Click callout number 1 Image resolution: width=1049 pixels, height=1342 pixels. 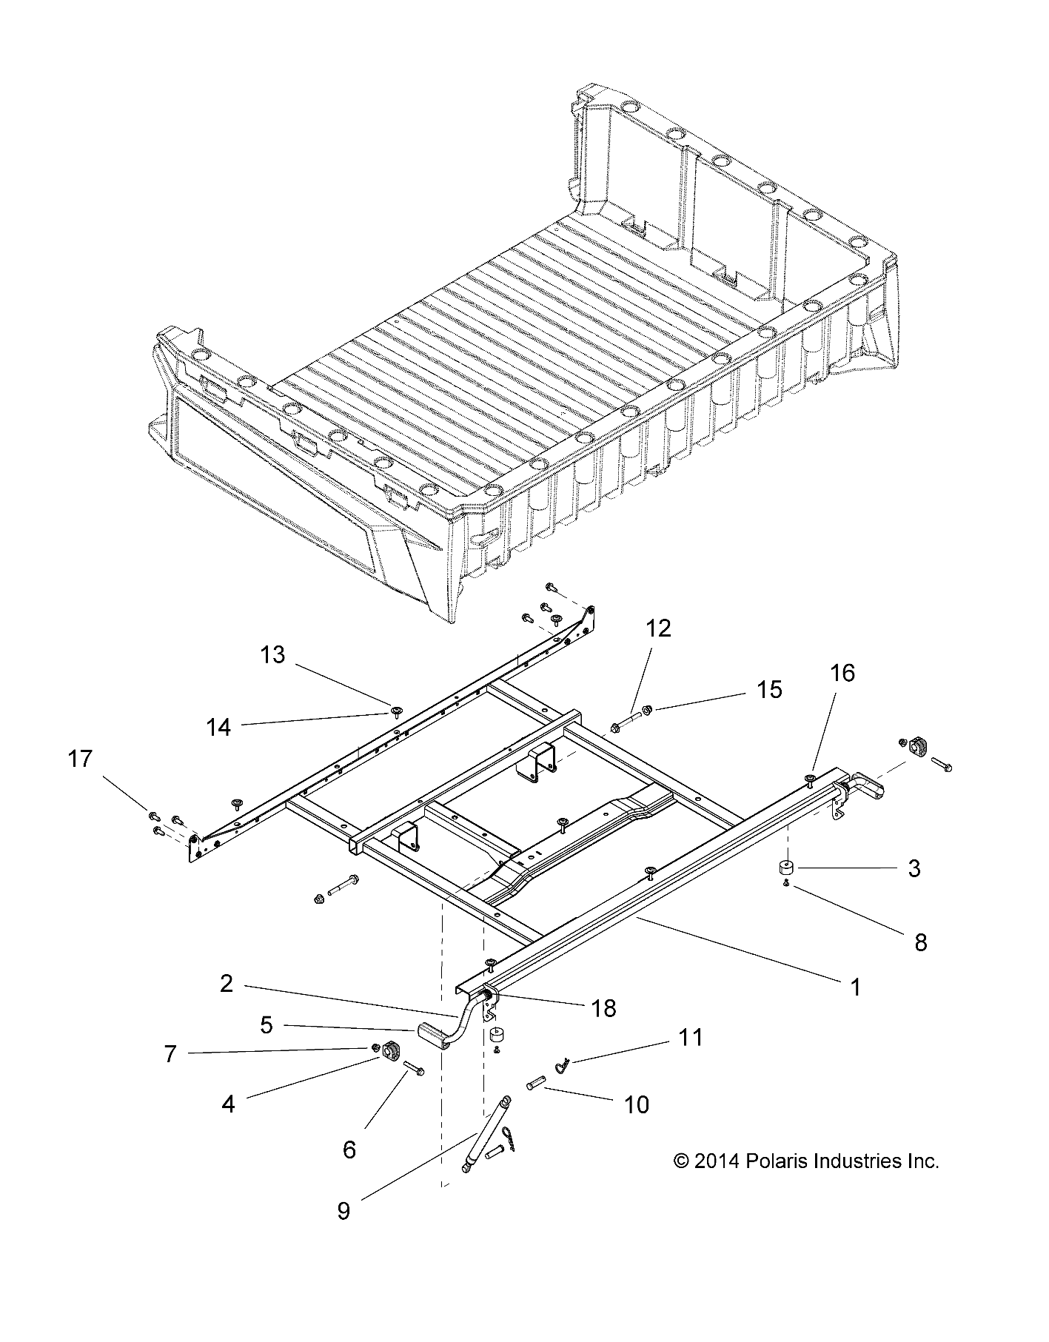coord(855,987)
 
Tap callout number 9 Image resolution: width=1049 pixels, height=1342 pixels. coord(343,1211)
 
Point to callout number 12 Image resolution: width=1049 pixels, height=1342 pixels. coord(658,628)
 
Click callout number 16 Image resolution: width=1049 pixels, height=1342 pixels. coord(842,673)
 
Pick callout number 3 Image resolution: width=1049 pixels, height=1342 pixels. coord(914,868)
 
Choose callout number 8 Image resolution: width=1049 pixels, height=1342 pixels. coord(921,942)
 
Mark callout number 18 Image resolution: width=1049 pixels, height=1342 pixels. coord(604,1007)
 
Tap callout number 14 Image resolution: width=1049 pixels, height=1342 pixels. coord(218,728)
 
